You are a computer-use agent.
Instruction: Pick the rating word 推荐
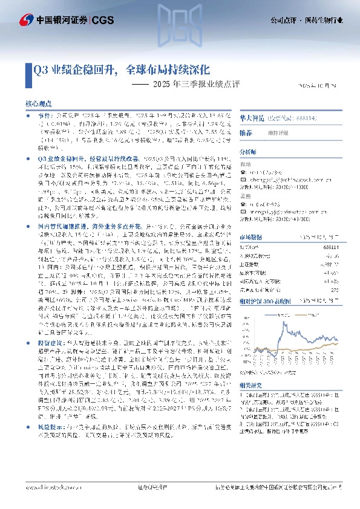coord(246,132)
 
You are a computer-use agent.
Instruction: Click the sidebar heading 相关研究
coord(250,384)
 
